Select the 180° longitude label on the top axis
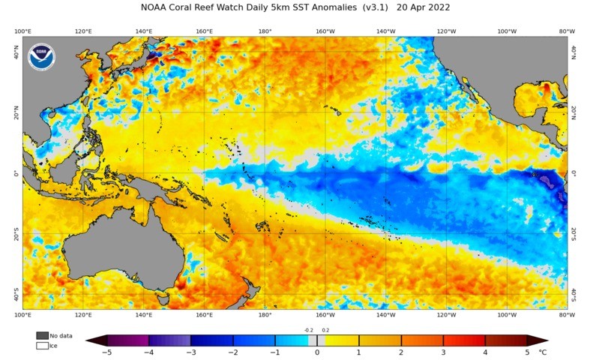[x=265, y=31]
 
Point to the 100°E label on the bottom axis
[x=22, y=315]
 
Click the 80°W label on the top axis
[x=568, y=31]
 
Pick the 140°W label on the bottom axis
[x=385, y=315]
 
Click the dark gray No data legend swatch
[x=42, y=335]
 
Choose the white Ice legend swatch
[x=42, y=346]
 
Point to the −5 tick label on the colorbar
[x=107, y=352]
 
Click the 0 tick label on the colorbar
[x=317, y=352]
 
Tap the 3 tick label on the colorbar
[x=443, y=352]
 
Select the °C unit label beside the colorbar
[x=543, y=352]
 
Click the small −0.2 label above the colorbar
[x=308, y=329]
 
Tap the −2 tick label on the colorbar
[x=233, y=352]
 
